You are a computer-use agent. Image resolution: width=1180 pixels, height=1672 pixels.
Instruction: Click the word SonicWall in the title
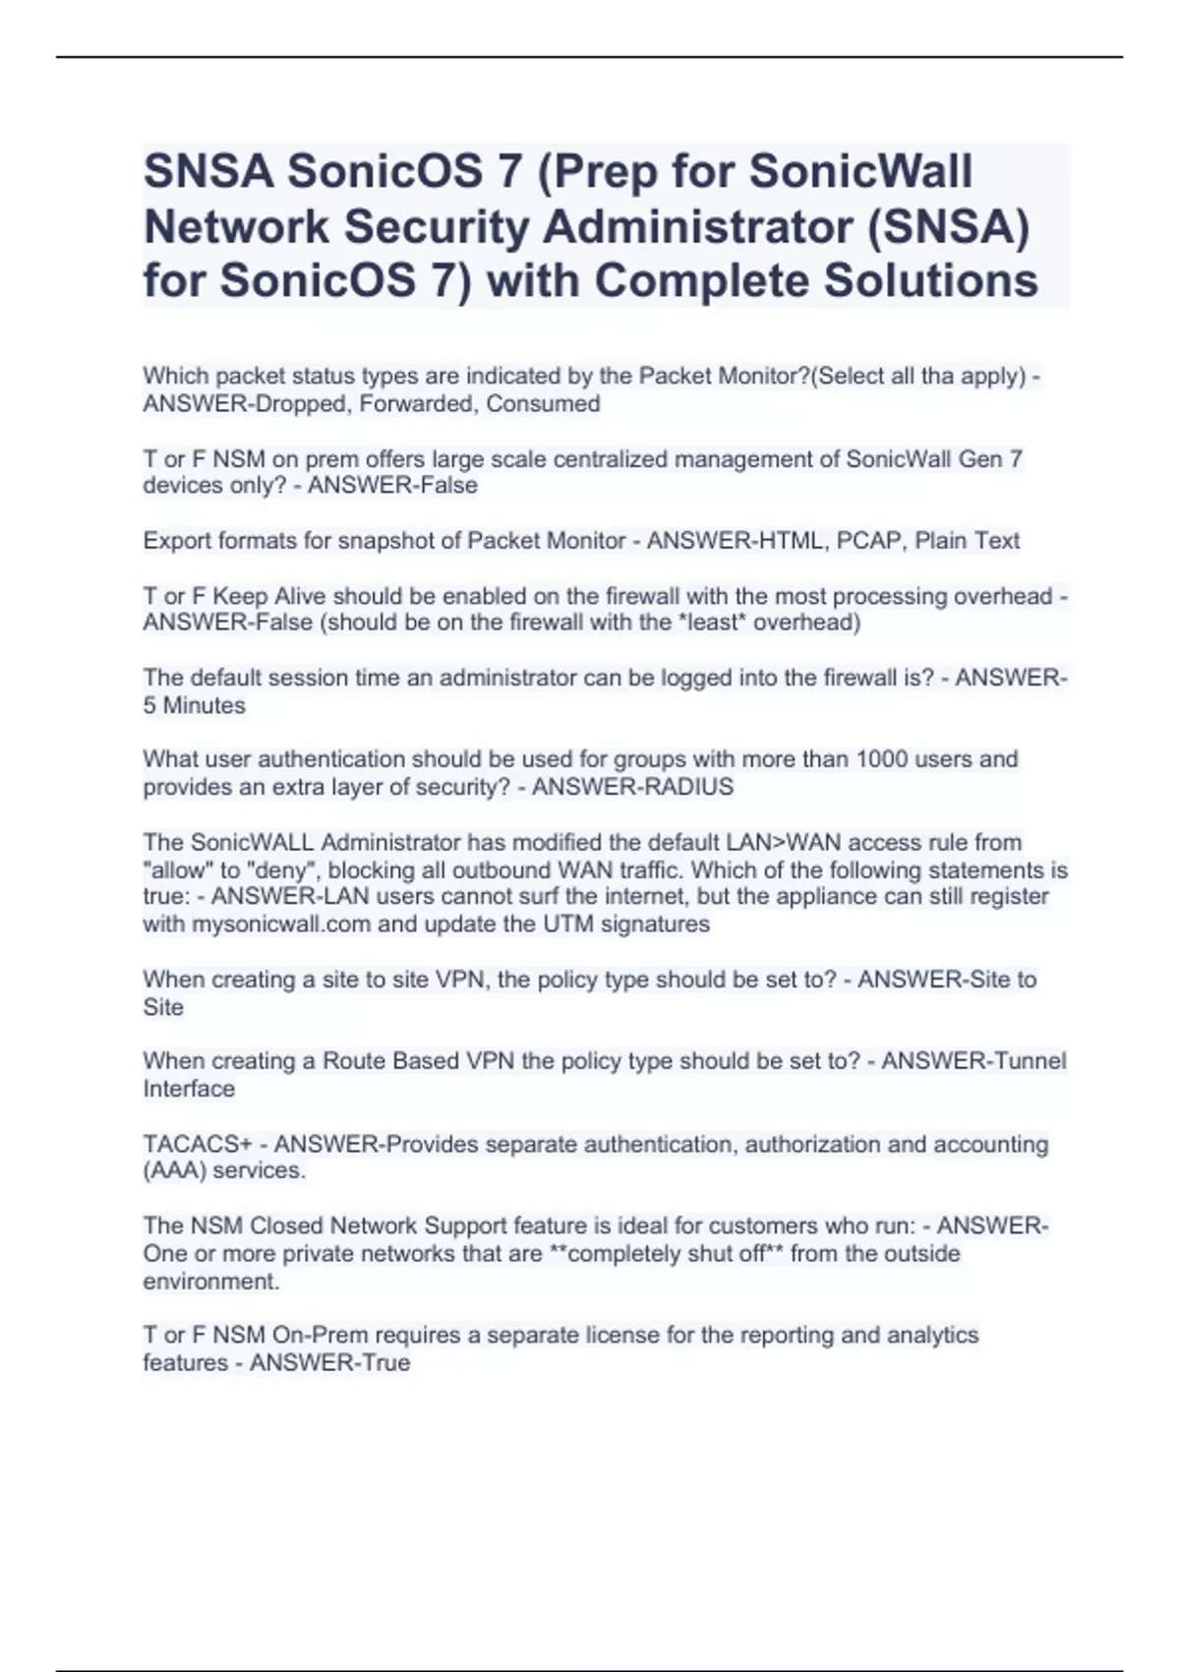click(860, 172)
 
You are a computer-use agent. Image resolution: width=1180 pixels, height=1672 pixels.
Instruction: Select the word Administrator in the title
click(697, 226)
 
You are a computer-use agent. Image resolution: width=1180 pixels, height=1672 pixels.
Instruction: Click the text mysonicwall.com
click(281, 925)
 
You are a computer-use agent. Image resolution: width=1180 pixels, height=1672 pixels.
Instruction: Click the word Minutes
click(204, 705)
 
